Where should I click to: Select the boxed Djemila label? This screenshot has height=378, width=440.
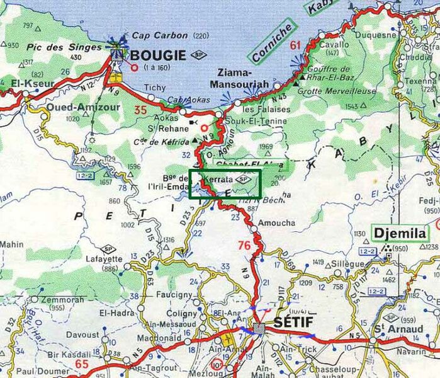click(400, 233)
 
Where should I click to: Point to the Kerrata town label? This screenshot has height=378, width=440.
click(218, 179)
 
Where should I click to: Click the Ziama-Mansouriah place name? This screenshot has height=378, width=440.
click(251, 77)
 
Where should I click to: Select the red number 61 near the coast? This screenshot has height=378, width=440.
click(296, 45)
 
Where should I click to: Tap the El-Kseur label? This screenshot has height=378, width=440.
click(20, 82)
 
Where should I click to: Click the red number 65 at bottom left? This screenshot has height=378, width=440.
click(82, 364)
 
